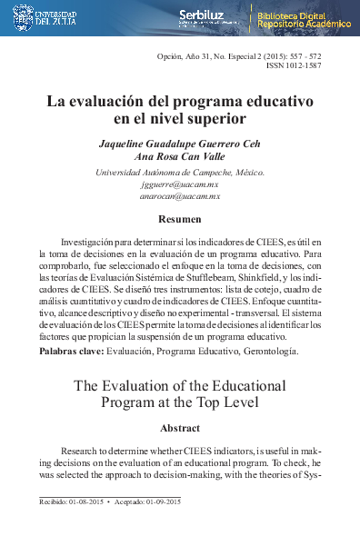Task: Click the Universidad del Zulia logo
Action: (44, 17)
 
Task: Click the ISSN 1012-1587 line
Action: (294, 65)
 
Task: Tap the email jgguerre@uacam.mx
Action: (180, 184)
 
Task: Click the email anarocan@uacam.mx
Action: (180, 195)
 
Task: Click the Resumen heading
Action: (180, 219)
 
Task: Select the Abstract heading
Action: (180, 426)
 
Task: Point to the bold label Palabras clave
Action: (71, 350)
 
